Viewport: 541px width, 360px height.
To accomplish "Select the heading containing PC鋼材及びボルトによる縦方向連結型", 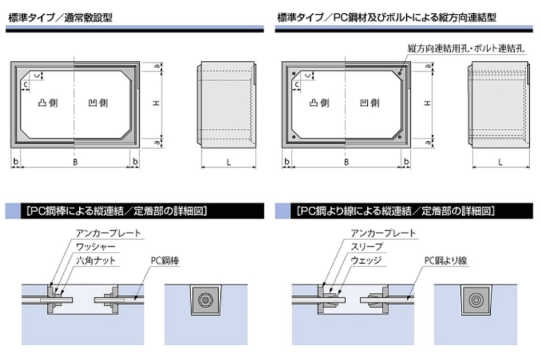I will tap(386, 17).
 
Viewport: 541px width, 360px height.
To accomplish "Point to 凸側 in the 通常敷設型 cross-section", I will tap(48, 103).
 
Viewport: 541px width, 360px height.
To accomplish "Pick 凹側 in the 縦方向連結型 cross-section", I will tap(369, 103).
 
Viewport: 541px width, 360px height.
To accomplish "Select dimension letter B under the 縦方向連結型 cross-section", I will tap(346, 162).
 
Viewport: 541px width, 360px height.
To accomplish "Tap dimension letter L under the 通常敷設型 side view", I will tap(229, 162).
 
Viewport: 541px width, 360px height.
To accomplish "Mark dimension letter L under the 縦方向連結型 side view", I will tap(499, 162).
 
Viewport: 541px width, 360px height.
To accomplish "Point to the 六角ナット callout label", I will tap(96, 260).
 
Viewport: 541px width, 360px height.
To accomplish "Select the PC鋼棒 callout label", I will tap(165, 260).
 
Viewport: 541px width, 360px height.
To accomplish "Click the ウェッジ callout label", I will tap(366, 260).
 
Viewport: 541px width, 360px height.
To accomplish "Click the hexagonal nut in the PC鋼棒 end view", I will tap(203, 300).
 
